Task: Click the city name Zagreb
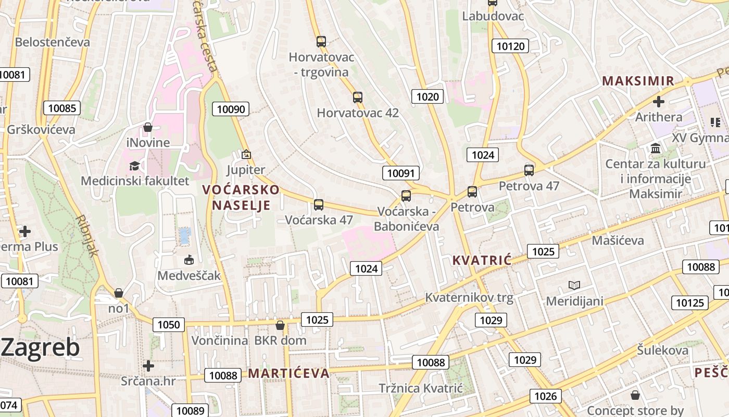[x=41, y=348]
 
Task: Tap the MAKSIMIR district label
[x=638, y=81]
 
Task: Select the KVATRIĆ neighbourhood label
[x=482, y=260]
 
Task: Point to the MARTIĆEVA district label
[x=288, y=373]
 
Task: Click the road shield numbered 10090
[x=231, y=109]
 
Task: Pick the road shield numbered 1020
[x=428, y=96]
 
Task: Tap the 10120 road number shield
[x=510, y=46]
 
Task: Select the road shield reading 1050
[x=169, y=325]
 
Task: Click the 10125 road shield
[x=690, y=303]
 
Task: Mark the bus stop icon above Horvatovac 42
[x=358, y=97]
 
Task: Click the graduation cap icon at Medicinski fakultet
[x=135, y=166]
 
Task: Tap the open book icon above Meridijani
[x=574, y=285]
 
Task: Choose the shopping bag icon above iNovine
[x=148, y=127]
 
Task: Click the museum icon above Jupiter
[x=246, y=154]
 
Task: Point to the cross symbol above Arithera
[x=659, y=101]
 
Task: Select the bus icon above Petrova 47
[x=529, y=170]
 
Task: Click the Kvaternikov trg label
[x=469, y=298]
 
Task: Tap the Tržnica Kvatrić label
[x=421, y=388]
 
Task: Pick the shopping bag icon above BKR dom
[x=280, y=325]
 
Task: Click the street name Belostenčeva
[x=53, y=42]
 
